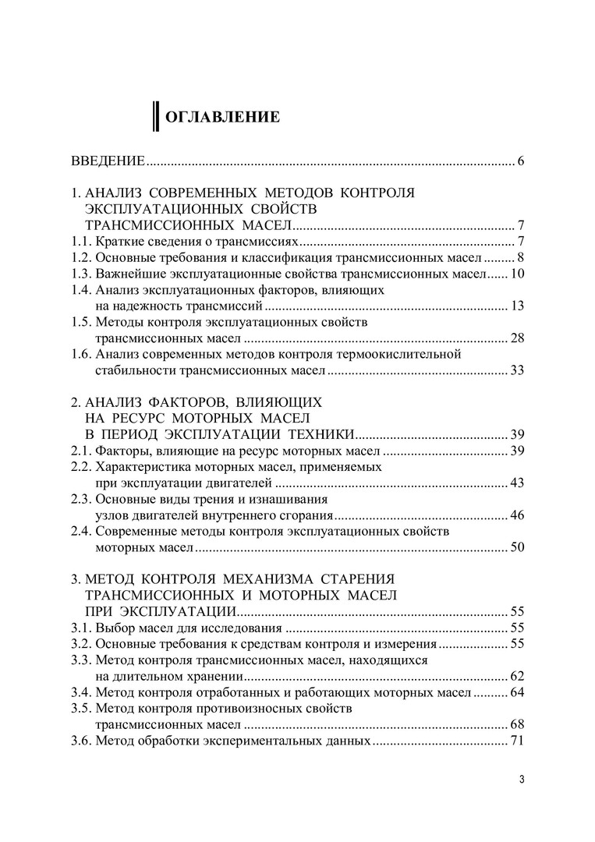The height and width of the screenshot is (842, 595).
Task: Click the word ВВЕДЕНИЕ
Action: tap(108, 162)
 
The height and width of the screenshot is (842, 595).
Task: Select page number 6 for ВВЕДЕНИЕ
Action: tap(519, 162)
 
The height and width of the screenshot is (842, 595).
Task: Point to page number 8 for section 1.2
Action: tap(519, 257)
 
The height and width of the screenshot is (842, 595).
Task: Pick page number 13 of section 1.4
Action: tap(516, 306)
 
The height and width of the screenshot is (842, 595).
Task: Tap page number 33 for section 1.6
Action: tap(516, 370)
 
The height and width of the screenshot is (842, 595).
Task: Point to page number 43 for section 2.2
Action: tap(516, 483)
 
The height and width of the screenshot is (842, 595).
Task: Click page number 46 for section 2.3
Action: tap(516, 515)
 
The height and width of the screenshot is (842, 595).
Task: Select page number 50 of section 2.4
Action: tap(516, 548)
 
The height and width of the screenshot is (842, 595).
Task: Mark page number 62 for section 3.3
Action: tap(516, 676)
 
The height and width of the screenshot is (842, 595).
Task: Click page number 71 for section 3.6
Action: tap(516, 741)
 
